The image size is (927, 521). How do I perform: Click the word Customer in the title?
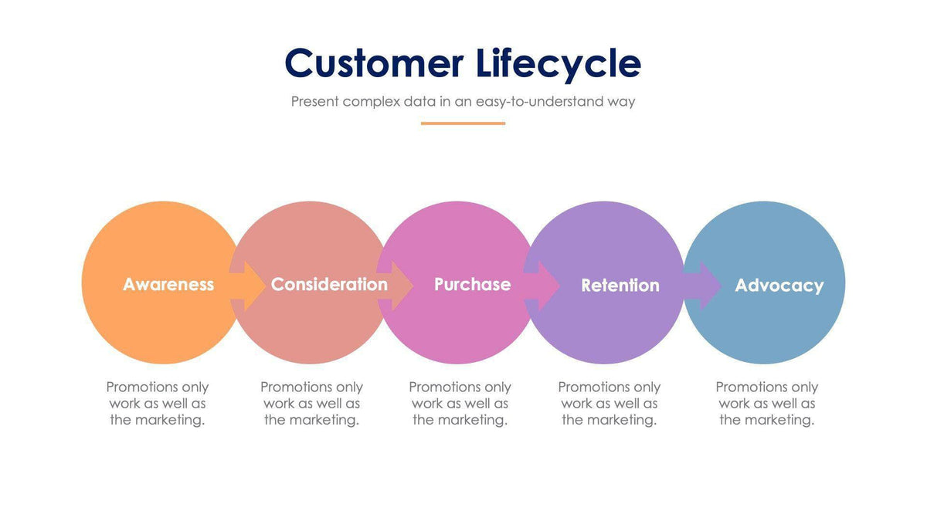[x=374, y=63]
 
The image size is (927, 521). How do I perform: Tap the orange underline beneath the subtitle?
[x=463, y=123]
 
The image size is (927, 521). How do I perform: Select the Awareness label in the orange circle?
[x=168, y=284]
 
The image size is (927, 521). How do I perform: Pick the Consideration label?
[x=329, y=284]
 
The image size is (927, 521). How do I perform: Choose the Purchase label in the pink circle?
[x=472, y=284]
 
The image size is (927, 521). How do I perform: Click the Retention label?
[x=620, y=285]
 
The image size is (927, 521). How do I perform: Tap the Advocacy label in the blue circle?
[x=779, y=285]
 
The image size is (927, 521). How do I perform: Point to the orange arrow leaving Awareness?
[x=247, y=285]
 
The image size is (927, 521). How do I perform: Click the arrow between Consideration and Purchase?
[x=396, y=285]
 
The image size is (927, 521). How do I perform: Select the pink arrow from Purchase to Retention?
[x=543, y=285]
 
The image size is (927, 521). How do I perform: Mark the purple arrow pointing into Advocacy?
[x=702, y=285]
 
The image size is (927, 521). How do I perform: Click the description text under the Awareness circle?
[x=158, y=403]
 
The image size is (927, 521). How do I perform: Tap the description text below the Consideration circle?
[x=311, y=403]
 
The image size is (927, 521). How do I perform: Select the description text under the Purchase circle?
[x=460, y=403]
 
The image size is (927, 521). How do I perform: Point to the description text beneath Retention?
[x=609, y=403]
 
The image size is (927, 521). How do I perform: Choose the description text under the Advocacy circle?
[x=766, y=403]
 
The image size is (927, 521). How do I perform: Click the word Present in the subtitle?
[x=315, y=101]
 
